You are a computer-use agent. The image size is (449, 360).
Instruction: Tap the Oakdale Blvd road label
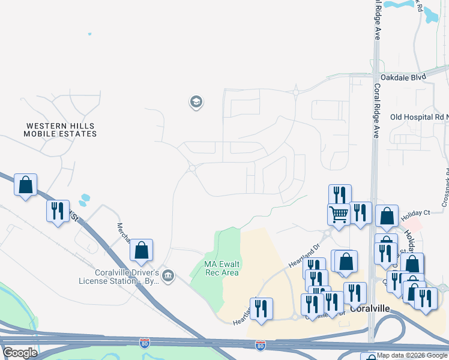403,77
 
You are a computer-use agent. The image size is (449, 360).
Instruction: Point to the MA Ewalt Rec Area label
221,268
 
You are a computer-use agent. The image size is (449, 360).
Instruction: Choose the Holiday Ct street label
416,213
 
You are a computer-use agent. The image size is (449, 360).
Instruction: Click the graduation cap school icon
196,102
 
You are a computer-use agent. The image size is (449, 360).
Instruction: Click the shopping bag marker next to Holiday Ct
387,215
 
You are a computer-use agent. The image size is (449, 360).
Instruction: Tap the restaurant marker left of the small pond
58,211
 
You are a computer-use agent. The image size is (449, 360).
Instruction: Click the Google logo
20,353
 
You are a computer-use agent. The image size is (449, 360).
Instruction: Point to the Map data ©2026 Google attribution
412,355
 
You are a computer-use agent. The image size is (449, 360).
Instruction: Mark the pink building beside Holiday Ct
415,223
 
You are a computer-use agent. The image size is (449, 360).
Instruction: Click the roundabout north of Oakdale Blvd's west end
296,92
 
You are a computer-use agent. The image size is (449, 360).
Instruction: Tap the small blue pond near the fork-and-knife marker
85,197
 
